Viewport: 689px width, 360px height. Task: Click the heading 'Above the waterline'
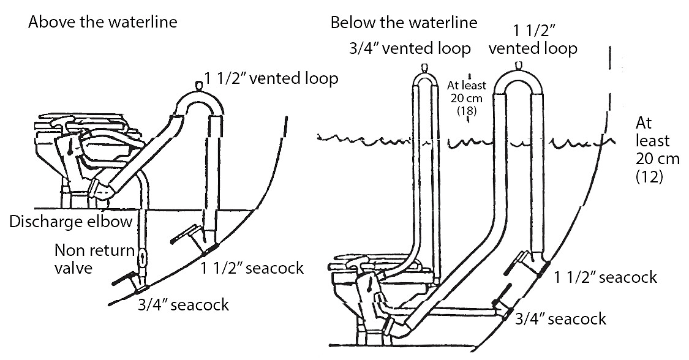(102, 23)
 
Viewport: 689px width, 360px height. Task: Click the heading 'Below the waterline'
(403, 23)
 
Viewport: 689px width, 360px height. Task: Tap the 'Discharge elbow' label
(70, 221)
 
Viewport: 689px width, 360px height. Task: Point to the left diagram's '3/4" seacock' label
(184, 304)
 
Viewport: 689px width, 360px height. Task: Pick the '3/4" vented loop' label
(401, 48)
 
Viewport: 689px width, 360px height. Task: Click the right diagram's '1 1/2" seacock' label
(605, 277)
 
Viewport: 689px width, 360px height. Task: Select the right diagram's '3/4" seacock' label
(560, 318)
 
